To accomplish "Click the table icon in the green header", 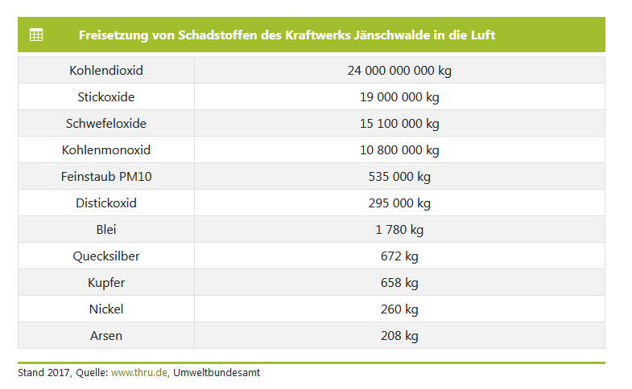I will (36, 35).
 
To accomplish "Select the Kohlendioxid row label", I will (106, 71).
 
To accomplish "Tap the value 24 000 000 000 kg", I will (399, 71).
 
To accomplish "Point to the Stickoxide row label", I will (106, 97).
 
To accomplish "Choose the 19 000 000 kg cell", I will (399, 97).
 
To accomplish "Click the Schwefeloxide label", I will (106, 124).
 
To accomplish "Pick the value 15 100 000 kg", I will (399, 124).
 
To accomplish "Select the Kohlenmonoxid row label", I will (106, 150).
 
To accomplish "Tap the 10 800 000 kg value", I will (399, 150).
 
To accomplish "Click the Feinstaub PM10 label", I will (106, 177).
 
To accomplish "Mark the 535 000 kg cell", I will (399, 177).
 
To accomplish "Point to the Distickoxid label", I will (106, 203).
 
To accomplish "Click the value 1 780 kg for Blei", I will (399, 230).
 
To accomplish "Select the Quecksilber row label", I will (106, 256).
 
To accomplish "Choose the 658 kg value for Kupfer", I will (399, 283).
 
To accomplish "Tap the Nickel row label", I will (106, 309).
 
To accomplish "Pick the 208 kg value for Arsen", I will (399, 336).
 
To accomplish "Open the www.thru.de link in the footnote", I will (138, 373).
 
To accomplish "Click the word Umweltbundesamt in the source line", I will (217, 373).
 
